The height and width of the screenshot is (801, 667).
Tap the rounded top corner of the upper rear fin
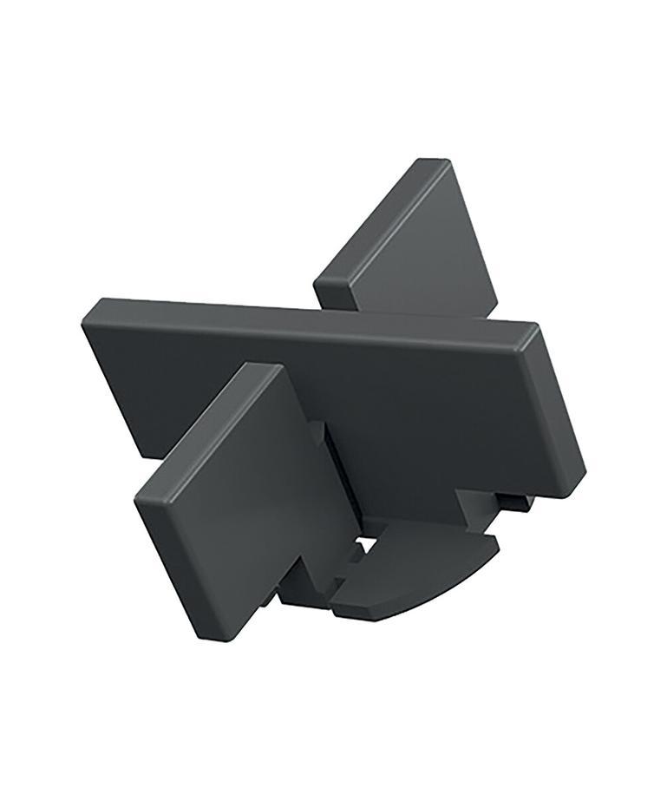[435, 162]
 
